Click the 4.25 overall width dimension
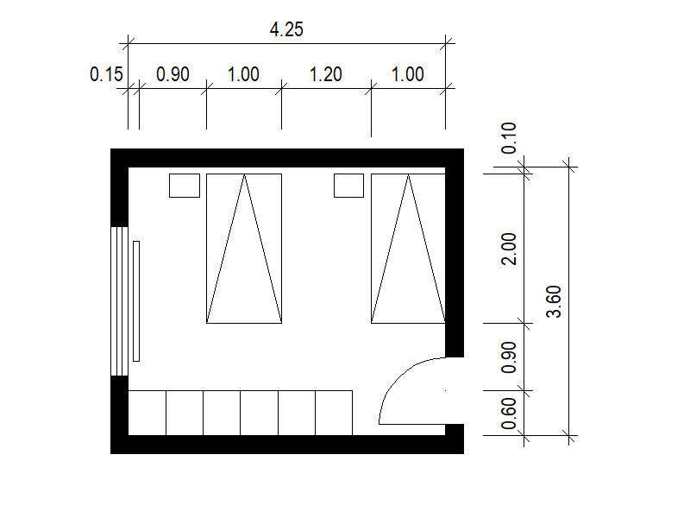coord(286,29)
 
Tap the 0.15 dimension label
coord(106,74)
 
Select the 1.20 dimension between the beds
coord(326,74)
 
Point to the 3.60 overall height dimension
coord(554,301)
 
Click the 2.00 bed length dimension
coord(509,249)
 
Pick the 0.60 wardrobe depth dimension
coord(509,414)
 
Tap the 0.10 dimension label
coord(509,138)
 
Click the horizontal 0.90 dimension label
coord(173,74)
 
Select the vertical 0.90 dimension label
coord(509,357)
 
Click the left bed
coord(244,249)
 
